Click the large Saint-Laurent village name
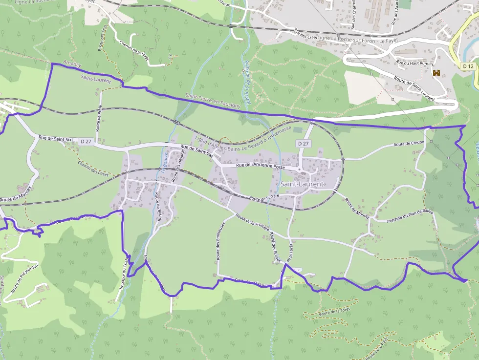click(x=303, y=184)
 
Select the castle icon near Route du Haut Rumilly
click(x=436, y=73)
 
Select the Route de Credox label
click(x=409, y=144)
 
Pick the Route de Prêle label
click(x=99, y=120)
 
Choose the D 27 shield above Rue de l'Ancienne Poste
click(x=303, y=144)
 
